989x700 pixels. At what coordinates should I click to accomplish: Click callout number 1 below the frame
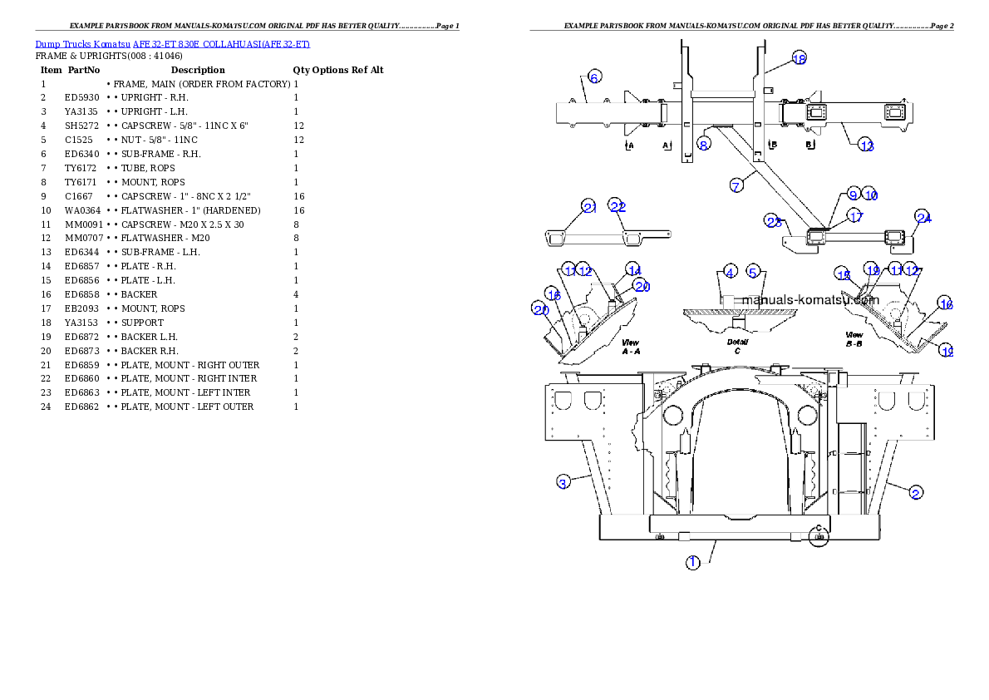tap(692, 563)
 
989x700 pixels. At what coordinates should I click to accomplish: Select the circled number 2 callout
tap(915, 492)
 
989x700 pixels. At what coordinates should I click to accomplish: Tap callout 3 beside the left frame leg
tap(563, 482)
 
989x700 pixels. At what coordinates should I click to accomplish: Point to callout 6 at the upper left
tap(594, 77)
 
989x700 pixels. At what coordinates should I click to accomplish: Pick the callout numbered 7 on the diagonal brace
tap(736, 185)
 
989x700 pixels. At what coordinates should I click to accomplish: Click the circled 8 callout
tap(704, 144)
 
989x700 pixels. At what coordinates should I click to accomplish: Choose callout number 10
tap(869, 194)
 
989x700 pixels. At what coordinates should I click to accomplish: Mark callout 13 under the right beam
tap(867, 145)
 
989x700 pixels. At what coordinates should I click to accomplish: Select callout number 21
tap(589, 207)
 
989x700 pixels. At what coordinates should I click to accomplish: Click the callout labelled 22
tap(617, 207)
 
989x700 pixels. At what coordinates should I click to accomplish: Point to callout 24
tap(923, 218)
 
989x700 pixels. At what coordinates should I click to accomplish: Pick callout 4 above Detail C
tap(730, 272)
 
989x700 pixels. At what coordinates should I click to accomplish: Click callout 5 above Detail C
tap(753, 272)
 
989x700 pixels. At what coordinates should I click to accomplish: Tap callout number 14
tap(634, 270)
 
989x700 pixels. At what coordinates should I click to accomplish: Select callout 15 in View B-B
tap(844, 275)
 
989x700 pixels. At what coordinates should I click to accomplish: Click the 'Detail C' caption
tap(737, 346)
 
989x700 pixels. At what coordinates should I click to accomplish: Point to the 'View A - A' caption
tap(631, 347)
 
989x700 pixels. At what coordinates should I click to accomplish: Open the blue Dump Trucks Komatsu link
tap(172, 44)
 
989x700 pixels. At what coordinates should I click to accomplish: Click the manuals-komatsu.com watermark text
tap(810, 300)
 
